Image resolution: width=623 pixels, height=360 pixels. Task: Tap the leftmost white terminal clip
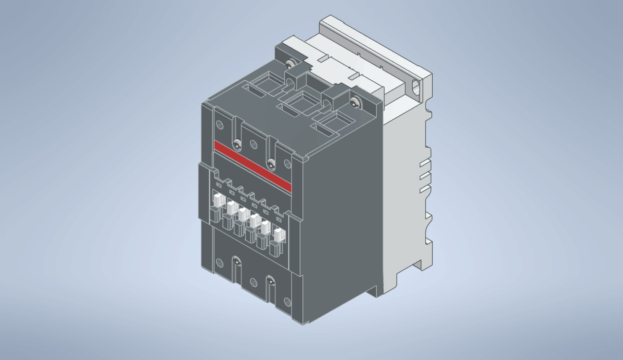tap(217, 199)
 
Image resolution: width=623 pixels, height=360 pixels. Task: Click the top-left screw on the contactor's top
tap(291, 64)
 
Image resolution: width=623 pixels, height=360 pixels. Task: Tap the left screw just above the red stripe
tap(237, 144)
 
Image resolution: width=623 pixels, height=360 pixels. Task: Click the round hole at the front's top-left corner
tap(219, 124)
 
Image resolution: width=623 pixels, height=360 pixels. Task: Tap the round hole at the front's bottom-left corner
tap(220, 263)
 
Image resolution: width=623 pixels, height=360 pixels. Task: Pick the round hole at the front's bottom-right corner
tap(287, 302)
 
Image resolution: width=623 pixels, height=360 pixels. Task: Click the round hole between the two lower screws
tap(254, 282)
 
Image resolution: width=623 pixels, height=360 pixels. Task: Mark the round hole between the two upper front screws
tap(254, 144)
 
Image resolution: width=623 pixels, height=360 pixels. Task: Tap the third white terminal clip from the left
tap(242, 214)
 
